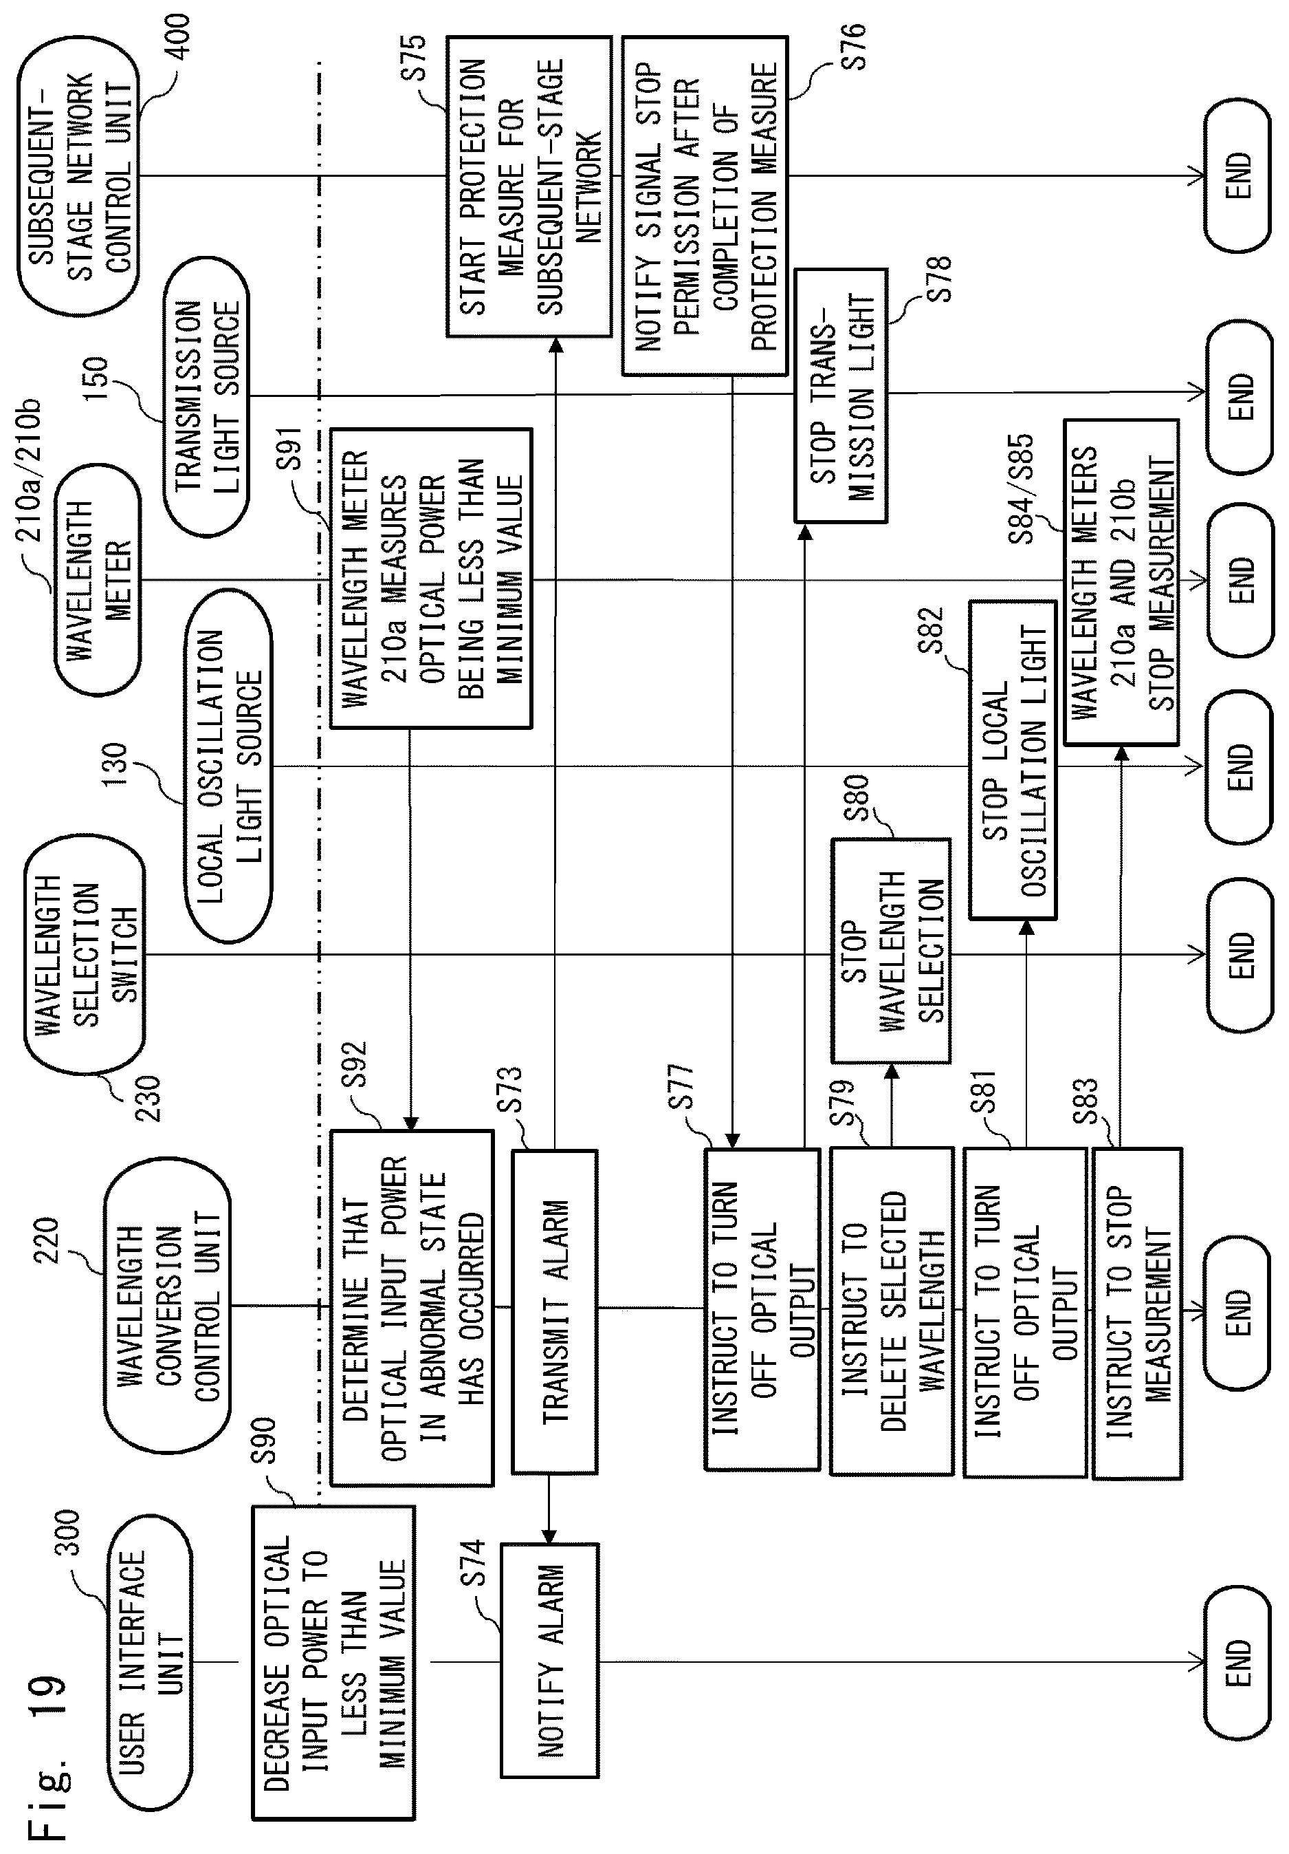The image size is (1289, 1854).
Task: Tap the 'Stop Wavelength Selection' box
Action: pos(891,951)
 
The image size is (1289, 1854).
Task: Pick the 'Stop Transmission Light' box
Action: pos(841,396)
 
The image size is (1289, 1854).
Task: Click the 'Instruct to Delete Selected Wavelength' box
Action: pos(892,1311)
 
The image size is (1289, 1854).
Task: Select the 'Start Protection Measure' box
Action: pos(529,186)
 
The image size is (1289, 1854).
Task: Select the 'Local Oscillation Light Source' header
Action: pos(229,766)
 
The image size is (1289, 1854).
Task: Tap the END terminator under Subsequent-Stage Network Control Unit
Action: pos(1237,175)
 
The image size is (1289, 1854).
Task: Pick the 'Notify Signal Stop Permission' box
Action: pos(705,206)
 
